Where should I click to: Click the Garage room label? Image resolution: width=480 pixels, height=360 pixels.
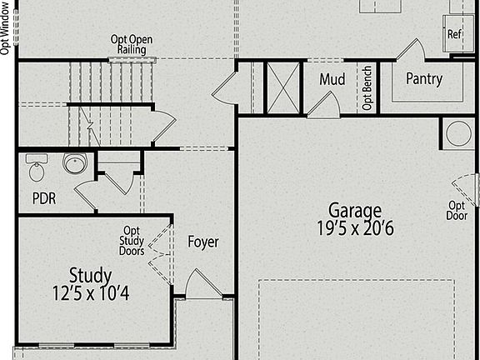tap(355, 211)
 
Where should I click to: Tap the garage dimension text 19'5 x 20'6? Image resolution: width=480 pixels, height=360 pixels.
tap(355, 228)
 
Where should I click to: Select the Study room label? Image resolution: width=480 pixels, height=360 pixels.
tap(90, 276)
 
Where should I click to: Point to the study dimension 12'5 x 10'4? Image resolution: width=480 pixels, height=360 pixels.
tap(91, 292)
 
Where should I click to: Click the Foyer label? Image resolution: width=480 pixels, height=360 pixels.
tap(203, 242)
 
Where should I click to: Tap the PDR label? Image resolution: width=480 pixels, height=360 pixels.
tap(44, 198)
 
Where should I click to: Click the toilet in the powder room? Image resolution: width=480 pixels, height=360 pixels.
tap(37, 167)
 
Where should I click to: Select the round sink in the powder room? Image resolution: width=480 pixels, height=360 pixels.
tap(75, 163)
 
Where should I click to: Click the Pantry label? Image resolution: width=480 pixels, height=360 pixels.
tap(424, 79)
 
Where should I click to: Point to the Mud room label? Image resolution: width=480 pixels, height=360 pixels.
tap(332, 79)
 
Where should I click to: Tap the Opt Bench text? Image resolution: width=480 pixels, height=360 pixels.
tap(367, 88)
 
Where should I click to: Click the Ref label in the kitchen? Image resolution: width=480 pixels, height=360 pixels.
tap(454, 33)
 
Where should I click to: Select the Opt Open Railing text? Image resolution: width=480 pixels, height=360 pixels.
tap(132, 45)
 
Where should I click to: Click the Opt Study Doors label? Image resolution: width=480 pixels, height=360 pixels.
tap(132, 241)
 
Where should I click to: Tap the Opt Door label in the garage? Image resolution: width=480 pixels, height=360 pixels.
tap(457, 211)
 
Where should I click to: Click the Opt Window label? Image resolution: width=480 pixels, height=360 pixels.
tap(5, 29)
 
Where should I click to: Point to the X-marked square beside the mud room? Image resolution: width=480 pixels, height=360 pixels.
tap(283, 87)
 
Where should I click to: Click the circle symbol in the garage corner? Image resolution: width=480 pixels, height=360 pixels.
tap(459, 133)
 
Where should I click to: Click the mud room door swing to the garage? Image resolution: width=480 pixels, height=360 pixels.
tap(323, 105)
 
